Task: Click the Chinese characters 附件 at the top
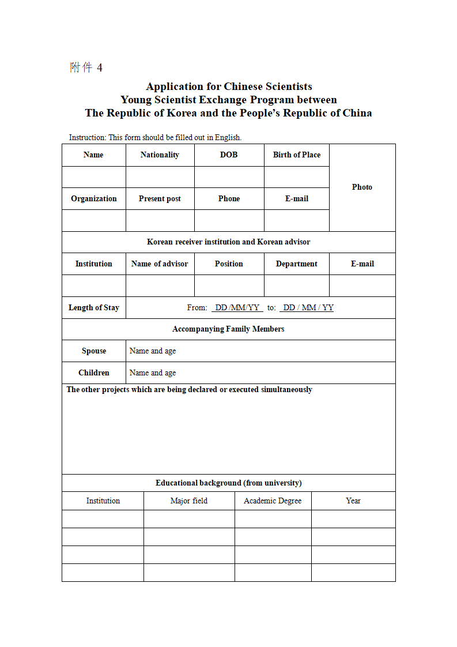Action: pos(81,67)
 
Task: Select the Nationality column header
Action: pos(160,155)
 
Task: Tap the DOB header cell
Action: pos(229,155)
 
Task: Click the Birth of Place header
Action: pos(297,155)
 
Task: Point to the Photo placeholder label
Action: pos(362,187)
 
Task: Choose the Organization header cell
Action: pos(94,198)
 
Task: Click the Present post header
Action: pos(160,198)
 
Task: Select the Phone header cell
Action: pos(229,198)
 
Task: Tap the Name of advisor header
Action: pos(160,264)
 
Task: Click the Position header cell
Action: pos(229,264)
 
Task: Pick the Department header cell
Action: pos(297,264)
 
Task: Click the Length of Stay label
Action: pos(94,307)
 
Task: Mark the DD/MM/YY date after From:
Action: pos(237,307)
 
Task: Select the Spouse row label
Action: pos(94,351)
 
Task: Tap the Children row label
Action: pos(94,373)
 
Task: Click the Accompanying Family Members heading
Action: pos(228,329)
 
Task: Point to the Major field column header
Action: pos(189,501)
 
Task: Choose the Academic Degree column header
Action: pos(273,501)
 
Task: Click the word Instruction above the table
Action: pos(87,137)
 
